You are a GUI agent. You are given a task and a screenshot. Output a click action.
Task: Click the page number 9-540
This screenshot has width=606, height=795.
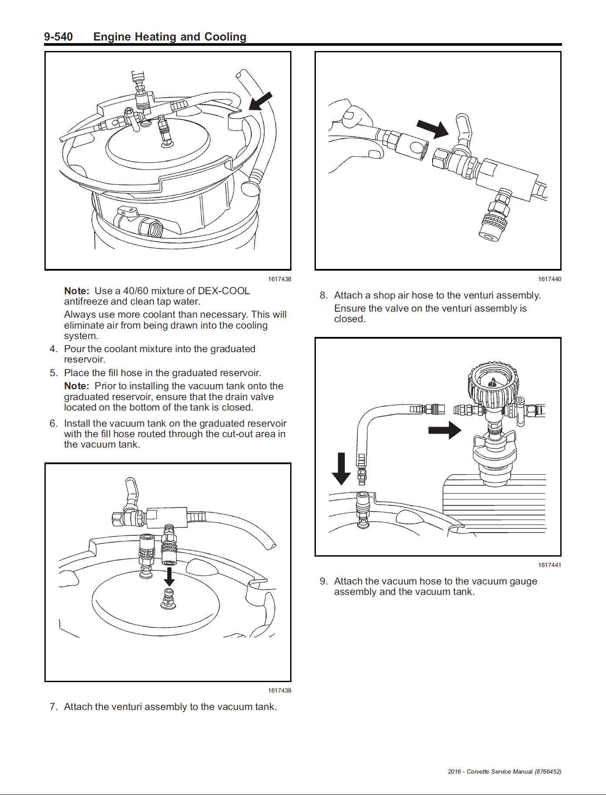[58, 37]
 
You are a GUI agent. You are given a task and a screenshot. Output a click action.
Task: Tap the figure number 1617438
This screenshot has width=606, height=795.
[279, 279]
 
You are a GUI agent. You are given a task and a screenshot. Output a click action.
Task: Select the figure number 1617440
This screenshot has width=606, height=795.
[549, 279]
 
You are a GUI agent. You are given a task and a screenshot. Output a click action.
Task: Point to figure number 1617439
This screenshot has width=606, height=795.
[279, 690]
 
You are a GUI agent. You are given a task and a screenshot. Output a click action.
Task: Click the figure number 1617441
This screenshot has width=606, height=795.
[549, 565]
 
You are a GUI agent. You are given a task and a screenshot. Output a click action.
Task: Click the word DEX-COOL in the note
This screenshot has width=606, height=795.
[223, 291]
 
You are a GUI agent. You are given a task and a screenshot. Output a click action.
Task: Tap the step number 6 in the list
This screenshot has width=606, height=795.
[53, 423]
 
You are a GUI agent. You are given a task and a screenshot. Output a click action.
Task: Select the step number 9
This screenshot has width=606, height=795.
[323, 581]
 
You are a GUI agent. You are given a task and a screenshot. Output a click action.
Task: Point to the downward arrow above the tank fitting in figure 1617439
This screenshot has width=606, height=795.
[169, 576]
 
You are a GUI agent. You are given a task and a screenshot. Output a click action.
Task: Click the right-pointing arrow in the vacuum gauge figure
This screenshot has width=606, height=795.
[444, 430]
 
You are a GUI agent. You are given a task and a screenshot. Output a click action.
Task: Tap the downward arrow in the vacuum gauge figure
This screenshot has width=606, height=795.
[341, 469]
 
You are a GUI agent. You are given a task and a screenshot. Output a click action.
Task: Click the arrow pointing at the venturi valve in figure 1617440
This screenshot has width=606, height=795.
[433, 128]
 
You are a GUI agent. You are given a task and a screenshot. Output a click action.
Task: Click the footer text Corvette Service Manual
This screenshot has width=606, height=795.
[500, 771]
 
